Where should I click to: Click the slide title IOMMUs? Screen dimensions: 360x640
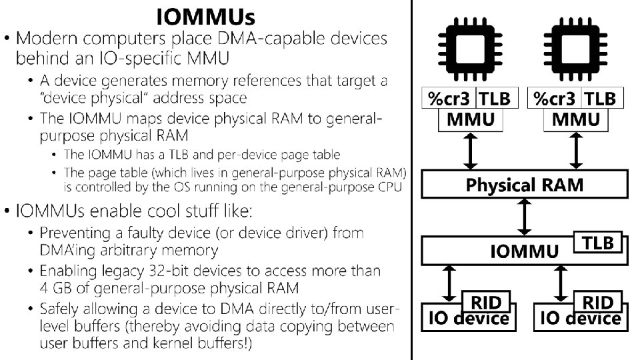tap(205, 15)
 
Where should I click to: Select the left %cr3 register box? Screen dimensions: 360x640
tap(449, 99)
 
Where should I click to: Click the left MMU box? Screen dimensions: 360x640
tap(471, 121)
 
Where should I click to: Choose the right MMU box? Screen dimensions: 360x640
tap(577, 121)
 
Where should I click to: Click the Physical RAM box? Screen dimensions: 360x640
tap(525, 184)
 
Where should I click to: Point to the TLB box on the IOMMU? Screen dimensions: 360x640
tap(599, 243)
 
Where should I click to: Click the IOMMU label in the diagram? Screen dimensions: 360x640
tap(525, 252)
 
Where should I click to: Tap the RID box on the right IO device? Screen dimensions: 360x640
tap(599, 302)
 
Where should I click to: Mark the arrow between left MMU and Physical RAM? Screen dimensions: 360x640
tap(471, 151)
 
